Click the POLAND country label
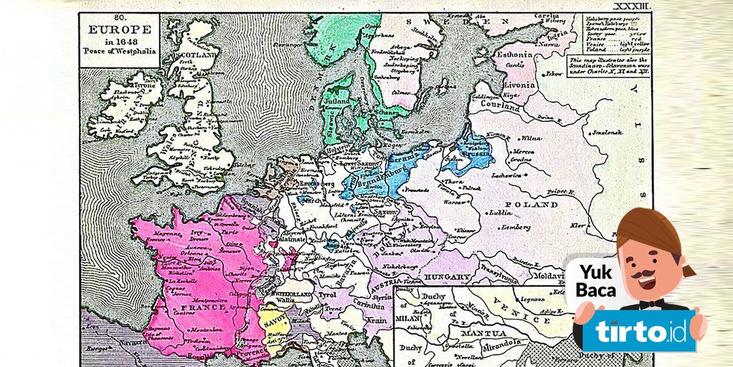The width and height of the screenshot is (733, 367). [x=535, y=205]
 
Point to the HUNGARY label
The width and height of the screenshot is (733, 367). [x=448, y=277]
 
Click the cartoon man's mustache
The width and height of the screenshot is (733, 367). [x=648, y=274]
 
